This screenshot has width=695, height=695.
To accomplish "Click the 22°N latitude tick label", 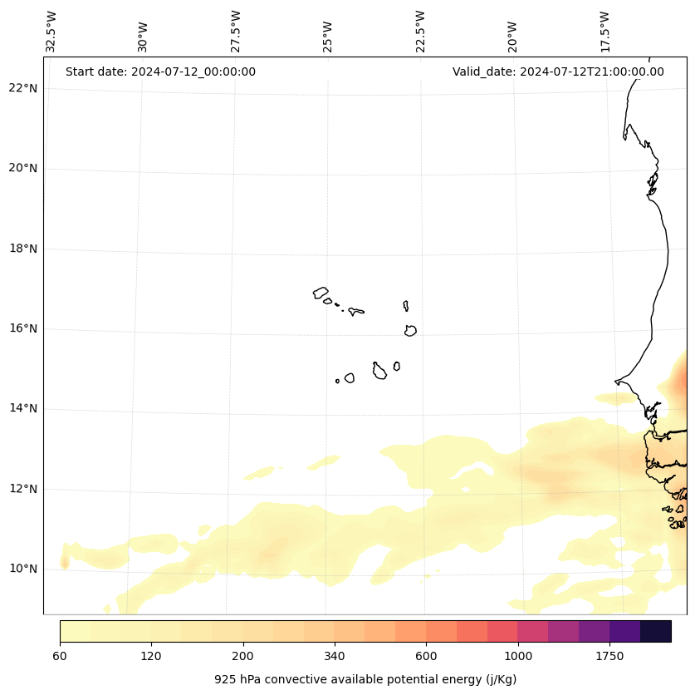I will [23, 89].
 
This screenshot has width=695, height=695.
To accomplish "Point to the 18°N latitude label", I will [23, 249].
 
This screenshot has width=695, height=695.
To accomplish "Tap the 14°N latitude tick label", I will [23, 408].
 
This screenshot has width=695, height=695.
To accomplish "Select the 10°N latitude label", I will [23, 569].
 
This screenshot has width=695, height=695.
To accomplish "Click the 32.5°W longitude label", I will [51, 32].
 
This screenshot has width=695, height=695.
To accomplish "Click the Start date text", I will [160, 71].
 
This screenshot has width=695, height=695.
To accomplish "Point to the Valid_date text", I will [558, 71].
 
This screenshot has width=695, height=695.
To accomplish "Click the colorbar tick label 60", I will [60, 657].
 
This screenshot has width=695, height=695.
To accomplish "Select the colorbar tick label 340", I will [335, 657].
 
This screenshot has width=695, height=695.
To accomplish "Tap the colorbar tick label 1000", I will [518, 657].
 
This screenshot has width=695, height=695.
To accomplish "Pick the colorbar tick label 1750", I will [609, 657].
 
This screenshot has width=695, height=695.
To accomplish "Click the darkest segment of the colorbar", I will [656, 631].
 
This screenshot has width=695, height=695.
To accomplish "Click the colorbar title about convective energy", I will [365, 679].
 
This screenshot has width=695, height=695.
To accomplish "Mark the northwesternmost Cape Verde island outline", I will [321, 293].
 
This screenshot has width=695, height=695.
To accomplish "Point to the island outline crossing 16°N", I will [410, 330].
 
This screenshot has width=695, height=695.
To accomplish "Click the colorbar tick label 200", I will [243, 657].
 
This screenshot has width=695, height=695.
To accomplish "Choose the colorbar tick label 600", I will [426, 657].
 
